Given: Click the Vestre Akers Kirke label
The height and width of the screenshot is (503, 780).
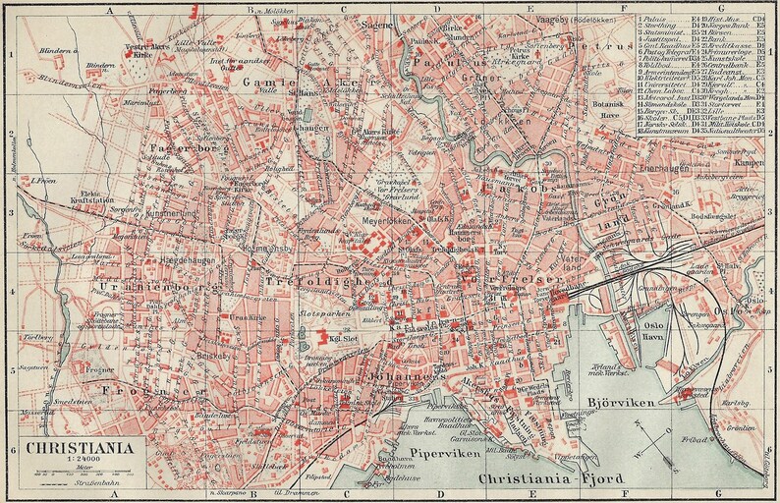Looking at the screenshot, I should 142,51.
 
